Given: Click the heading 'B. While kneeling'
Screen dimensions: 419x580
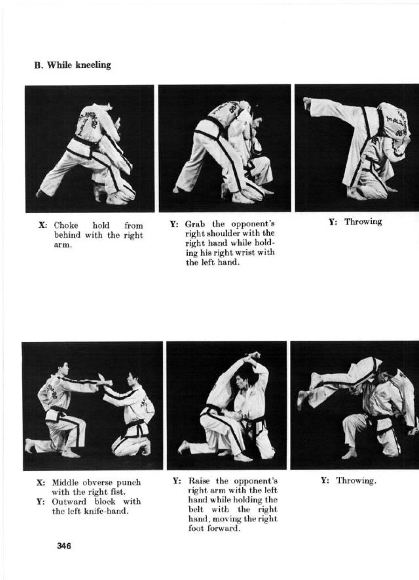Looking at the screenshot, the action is pos(73,65).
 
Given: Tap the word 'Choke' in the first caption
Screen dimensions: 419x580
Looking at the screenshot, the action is pos(66,226).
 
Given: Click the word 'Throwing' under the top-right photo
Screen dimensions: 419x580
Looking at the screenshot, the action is pos(363,222).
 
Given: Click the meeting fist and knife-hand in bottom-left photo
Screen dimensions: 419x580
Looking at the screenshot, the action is pos(104,380).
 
